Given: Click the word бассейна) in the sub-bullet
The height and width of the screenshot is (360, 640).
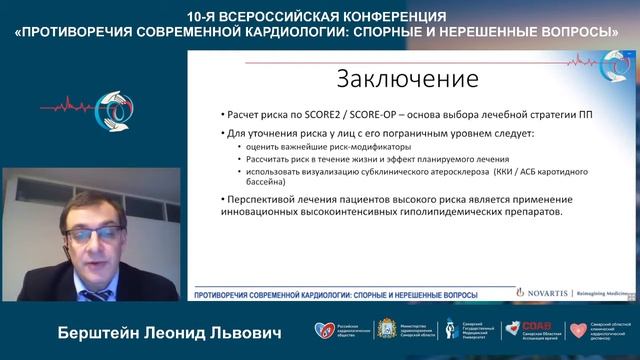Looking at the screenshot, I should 263,184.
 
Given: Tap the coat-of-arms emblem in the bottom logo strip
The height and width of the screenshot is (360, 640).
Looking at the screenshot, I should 361,329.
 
